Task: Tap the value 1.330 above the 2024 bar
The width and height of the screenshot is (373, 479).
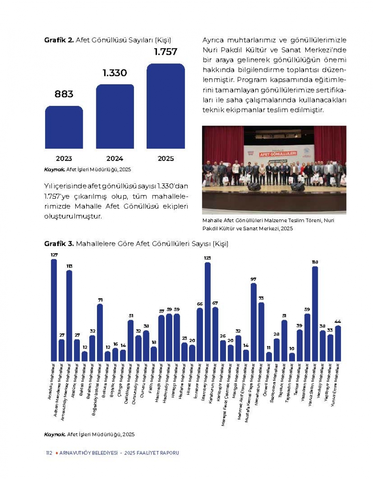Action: coord(115,73)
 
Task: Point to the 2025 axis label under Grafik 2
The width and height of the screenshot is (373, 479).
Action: coord(166,158)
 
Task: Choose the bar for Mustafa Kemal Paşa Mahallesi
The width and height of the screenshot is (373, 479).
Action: coord(254,322)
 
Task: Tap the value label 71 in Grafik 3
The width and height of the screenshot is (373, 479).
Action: coord(100,300)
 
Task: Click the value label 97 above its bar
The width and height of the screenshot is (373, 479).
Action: coord(254,279)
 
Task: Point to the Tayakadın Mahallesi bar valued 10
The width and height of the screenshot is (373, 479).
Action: coord(292,357)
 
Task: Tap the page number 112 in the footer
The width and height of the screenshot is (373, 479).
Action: coord(49,453)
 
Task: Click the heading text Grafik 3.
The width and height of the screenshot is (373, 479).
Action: coord(59,244)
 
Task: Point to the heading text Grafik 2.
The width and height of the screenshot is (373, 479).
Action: coord(59,40)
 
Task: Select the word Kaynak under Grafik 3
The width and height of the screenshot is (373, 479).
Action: coord(55,434)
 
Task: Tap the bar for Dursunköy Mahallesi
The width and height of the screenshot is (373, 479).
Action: coord(138,348)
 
